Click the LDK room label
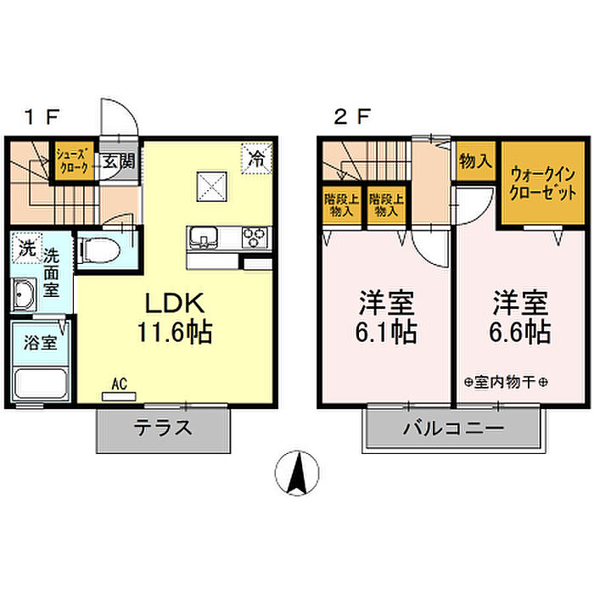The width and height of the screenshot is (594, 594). (x=177, y=304)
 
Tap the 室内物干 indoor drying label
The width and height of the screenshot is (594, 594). (x=507, y=382)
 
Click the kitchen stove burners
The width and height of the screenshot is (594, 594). (x=255, y=235)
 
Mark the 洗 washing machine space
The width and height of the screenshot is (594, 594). (x=26, y=249)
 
